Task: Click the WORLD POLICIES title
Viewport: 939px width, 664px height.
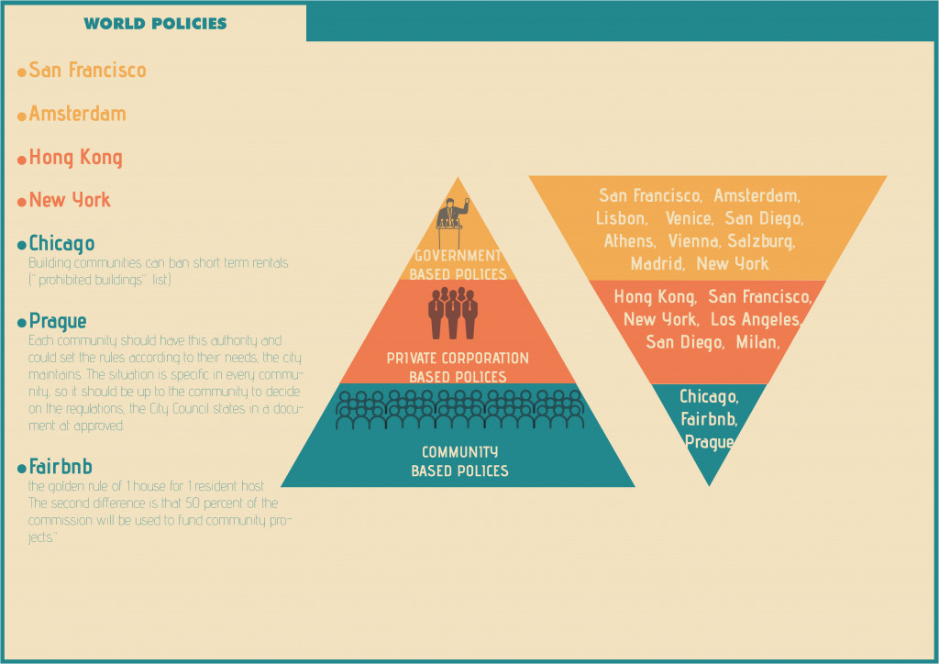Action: (155, 23)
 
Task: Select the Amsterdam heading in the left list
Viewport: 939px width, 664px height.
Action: (77, 114)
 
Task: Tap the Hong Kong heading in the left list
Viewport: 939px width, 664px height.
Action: (75, 158)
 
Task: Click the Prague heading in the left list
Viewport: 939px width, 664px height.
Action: (58, 321)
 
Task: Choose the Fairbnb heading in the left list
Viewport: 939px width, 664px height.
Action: (61, 467)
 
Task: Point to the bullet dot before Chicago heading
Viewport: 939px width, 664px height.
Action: (22, 245)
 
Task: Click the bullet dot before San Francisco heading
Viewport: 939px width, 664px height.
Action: (22, 71)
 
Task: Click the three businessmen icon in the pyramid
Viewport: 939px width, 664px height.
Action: (453, 313)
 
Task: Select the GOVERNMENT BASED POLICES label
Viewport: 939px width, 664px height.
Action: (458, 264)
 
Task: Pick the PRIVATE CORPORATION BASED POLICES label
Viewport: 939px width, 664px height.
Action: (458, 367)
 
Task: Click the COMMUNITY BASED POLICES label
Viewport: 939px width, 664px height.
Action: (459, 461)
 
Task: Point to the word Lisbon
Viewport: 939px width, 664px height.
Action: (621, 219)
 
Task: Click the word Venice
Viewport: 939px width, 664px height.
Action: (688, 219)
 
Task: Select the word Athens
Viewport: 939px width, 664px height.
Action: (629, 242)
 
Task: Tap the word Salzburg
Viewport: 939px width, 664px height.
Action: (762, 242)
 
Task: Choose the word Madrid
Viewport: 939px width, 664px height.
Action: (657, 264)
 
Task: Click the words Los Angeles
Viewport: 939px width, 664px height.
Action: (757, 320)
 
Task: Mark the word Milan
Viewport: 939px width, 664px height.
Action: (757, 343)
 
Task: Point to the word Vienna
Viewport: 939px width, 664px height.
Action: (695, 242)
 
